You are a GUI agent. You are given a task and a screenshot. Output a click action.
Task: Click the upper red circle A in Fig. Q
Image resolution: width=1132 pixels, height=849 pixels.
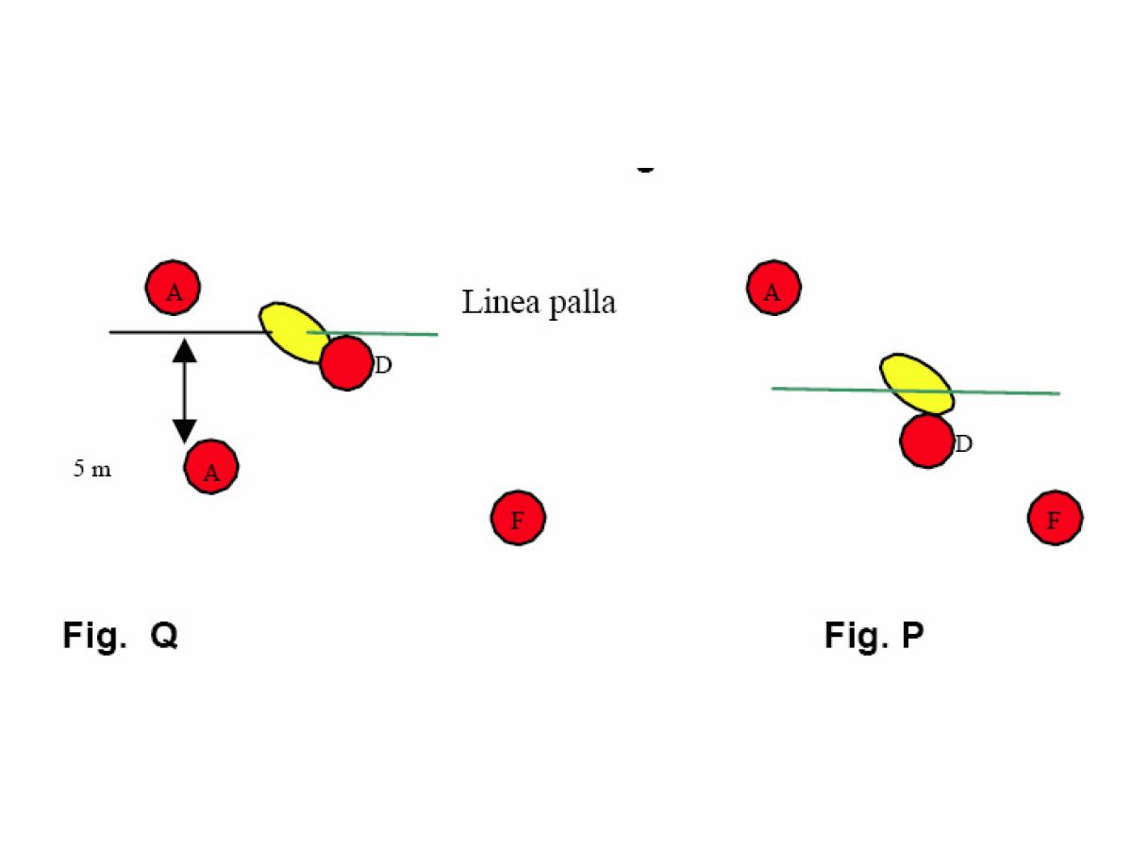174,288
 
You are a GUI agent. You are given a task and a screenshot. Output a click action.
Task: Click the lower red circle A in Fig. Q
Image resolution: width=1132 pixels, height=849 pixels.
211,467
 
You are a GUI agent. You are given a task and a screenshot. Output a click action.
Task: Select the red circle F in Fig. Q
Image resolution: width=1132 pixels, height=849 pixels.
518,517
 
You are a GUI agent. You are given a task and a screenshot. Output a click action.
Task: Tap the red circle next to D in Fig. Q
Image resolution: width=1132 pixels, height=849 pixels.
346,363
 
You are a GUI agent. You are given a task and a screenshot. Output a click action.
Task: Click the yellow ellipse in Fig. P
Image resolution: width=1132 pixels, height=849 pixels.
916,382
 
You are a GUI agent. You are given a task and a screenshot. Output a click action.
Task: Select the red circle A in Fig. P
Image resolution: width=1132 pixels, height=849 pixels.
774,288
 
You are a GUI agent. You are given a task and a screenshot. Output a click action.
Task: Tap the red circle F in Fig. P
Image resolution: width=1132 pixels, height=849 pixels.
1055,517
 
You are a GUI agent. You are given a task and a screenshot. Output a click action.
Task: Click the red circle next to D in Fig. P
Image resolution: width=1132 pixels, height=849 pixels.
926,440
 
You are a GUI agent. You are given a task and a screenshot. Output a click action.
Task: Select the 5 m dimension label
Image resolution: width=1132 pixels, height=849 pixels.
92,469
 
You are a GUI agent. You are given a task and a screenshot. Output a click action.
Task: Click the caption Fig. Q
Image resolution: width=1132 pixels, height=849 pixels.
121,636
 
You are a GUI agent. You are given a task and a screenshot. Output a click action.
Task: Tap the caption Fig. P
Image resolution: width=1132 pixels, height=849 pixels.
874,636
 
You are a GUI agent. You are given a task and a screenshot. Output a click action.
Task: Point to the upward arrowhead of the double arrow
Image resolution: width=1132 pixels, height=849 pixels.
184,350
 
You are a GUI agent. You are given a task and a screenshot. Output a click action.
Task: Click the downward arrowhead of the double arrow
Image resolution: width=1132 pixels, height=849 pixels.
184,430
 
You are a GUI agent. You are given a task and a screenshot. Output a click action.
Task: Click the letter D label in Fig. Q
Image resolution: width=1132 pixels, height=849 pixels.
383,366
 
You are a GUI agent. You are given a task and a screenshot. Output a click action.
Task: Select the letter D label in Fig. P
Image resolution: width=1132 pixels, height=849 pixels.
963,442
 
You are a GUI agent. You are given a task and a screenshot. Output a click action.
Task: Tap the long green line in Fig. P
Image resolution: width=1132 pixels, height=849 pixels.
1009,392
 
